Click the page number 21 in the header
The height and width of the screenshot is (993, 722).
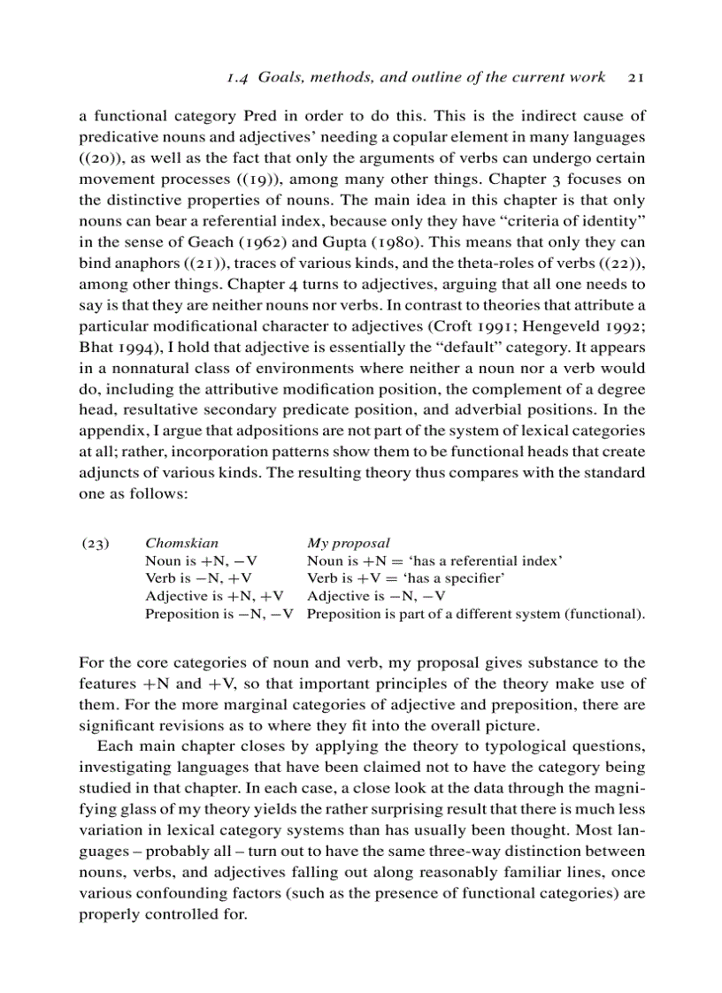coord(634,78)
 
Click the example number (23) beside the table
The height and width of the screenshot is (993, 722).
coord(95,543)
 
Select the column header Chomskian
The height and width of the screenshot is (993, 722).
coord(181,543)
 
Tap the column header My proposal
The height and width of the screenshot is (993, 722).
coord(348,543)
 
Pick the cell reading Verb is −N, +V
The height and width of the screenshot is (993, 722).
coord(199,578)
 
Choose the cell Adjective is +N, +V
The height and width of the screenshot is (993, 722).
coord(214,596)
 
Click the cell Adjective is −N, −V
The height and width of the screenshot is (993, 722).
coord(376,596)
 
